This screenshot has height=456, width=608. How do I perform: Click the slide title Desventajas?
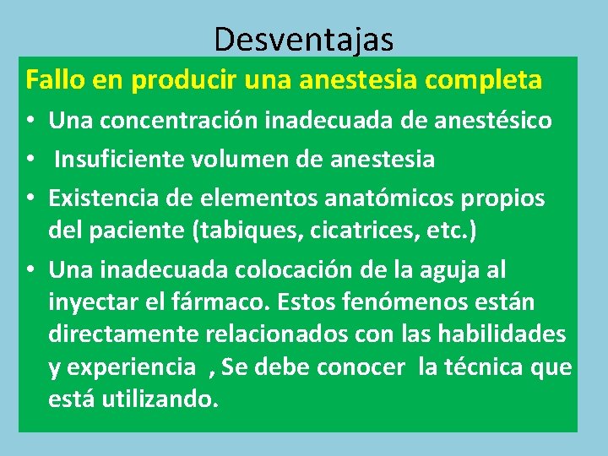(x=303, y=38)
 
